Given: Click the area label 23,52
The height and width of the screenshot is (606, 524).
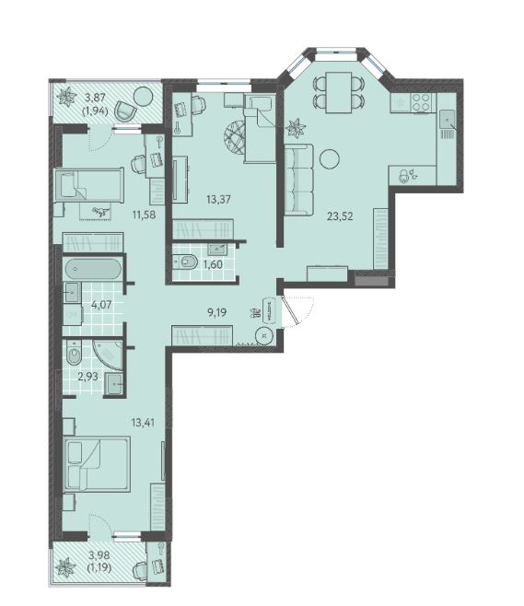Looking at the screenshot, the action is (x=340, y=216).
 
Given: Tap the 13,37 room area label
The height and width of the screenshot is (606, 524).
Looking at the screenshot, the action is (x=218, y=200).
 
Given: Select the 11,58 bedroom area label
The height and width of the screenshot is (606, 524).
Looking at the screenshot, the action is (x=144, y=215).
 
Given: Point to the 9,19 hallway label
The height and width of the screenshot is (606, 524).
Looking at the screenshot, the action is (x=216, y=312).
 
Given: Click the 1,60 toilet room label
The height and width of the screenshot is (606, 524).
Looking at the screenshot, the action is (x=213, y=264).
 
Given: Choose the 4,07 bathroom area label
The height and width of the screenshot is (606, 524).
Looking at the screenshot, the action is (x=101, y=305).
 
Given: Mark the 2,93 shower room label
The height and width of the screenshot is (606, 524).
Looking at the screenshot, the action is (x=87, y=377).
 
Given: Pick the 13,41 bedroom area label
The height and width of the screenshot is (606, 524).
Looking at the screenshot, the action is (x=143, y=423).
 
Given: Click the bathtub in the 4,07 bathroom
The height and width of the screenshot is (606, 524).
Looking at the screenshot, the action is (x=93, y=269).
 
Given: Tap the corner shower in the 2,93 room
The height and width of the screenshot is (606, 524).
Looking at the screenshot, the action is (x=108, y=355).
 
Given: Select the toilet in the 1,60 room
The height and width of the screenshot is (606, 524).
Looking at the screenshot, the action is (x=185, y=262).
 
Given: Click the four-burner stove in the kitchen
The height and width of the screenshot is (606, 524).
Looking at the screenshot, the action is (x=420, y=102).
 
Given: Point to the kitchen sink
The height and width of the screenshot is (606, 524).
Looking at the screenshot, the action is (x=447, y=119).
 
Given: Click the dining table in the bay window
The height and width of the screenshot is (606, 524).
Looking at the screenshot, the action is (x=339, y=93).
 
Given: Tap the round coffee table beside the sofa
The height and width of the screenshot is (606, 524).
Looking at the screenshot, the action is (x=330, y=158).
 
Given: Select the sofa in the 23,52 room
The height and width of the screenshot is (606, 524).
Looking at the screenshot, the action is (x=298, y=180).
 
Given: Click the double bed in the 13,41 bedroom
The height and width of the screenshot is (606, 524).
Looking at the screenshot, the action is (x=98, y=464).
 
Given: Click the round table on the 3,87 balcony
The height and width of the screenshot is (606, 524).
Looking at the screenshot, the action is (x=143, y=97).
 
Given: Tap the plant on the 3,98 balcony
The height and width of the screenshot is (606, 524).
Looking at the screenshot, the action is (x=64, y=567).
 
